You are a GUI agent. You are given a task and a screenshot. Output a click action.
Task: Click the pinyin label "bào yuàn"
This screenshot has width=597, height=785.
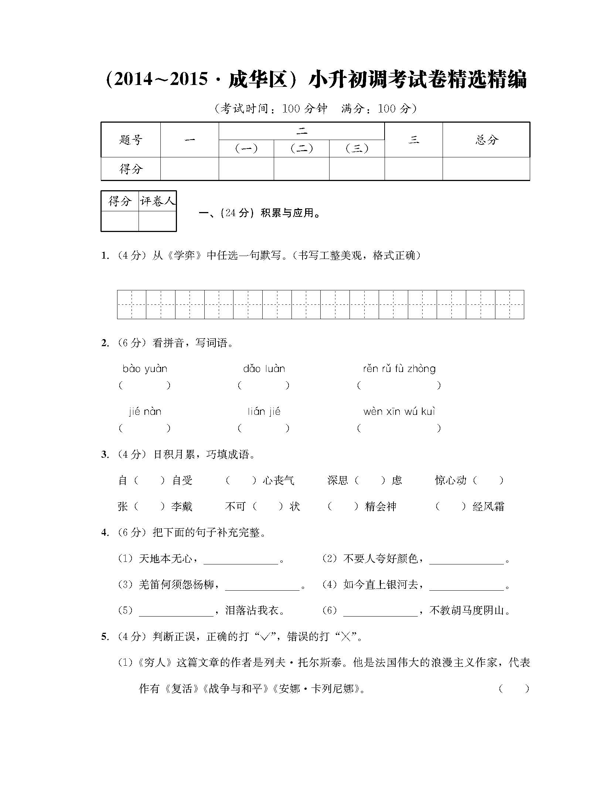145,369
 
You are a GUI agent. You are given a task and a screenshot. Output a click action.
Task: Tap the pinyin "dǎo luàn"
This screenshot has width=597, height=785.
264,369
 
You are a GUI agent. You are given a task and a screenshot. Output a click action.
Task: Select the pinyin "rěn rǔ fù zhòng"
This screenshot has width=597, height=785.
399,369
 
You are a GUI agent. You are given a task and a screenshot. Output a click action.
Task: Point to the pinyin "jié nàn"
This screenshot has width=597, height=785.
145,412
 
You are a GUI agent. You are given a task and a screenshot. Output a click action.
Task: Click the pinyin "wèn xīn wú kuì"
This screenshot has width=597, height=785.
399,412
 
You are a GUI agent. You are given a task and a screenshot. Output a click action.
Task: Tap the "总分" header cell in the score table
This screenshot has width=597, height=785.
486,140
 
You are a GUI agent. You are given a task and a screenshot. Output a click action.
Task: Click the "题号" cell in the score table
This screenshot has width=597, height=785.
131,140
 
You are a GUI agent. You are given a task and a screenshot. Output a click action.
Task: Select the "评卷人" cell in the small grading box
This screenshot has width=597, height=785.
157,201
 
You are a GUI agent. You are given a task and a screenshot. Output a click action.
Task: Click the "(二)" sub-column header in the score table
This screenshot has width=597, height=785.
301,149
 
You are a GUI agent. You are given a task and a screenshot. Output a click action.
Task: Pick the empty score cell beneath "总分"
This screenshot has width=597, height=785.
486,169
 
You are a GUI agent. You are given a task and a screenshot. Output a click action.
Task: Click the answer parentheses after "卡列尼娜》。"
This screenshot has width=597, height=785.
514,689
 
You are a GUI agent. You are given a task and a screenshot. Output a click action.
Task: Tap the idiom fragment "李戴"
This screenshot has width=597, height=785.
182,506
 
